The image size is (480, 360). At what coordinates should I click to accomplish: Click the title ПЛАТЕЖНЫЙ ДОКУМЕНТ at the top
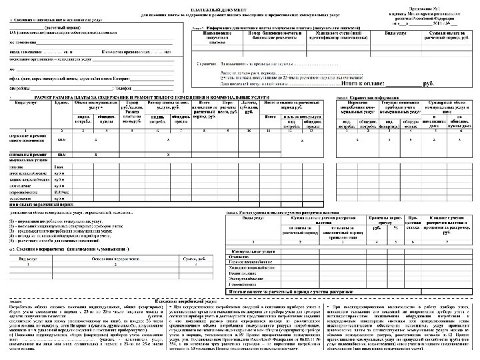point(241,4)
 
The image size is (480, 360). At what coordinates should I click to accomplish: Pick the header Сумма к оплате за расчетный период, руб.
point(443,35)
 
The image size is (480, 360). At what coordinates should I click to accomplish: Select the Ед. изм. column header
point(63,103)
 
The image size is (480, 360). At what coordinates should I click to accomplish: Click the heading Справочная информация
point(363,97)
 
